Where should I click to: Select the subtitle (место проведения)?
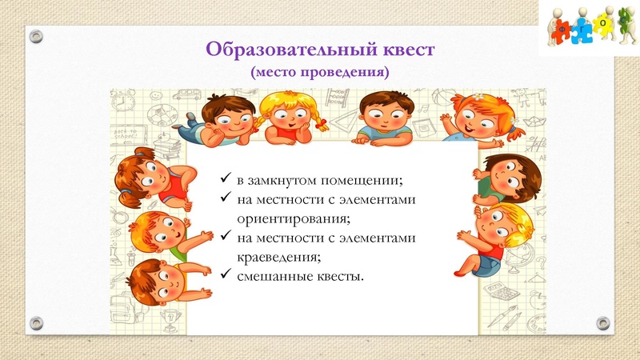320,72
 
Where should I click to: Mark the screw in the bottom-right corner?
604,323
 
